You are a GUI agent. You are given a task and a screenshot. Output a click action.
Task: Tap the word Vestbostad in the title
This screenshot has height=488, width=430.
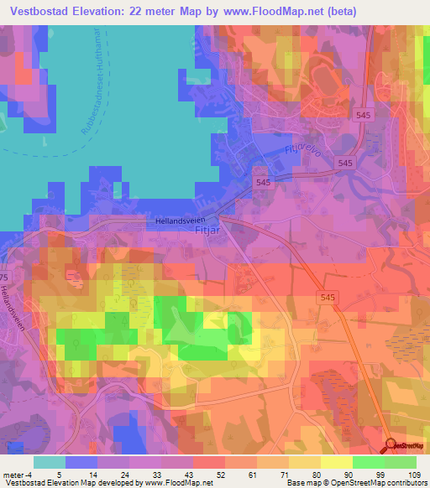(40, 12)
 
